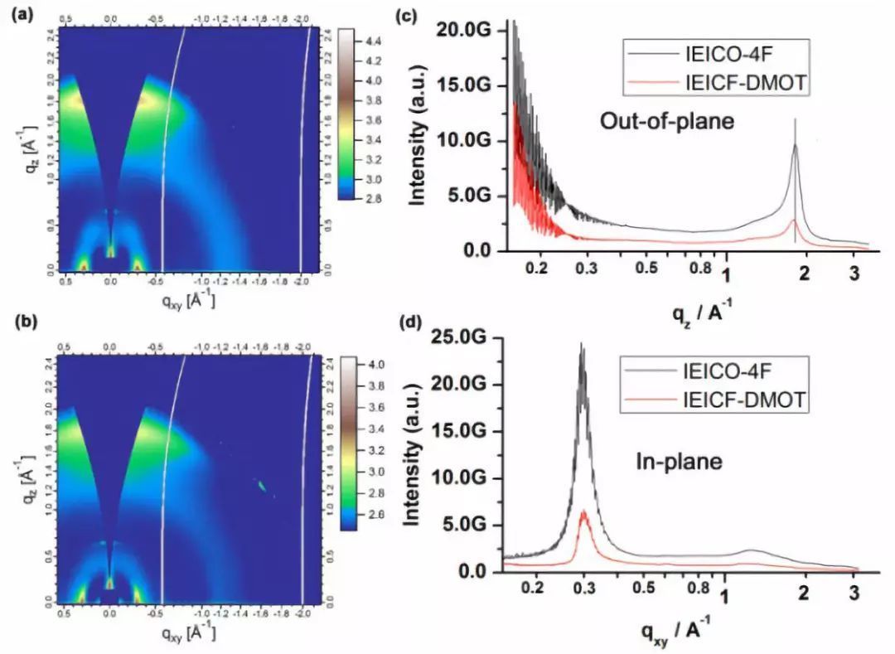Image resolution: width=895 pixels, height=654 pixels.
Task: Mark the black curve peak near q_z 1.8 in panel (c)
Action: click(x=796, y=146)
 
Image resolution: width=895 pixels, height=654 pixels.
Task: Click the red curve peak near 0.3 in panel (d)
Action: click(x=583, y=512)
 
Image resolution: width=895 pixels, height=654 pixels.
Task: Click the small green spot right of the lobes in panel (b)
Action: click(x=262, y=486)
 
